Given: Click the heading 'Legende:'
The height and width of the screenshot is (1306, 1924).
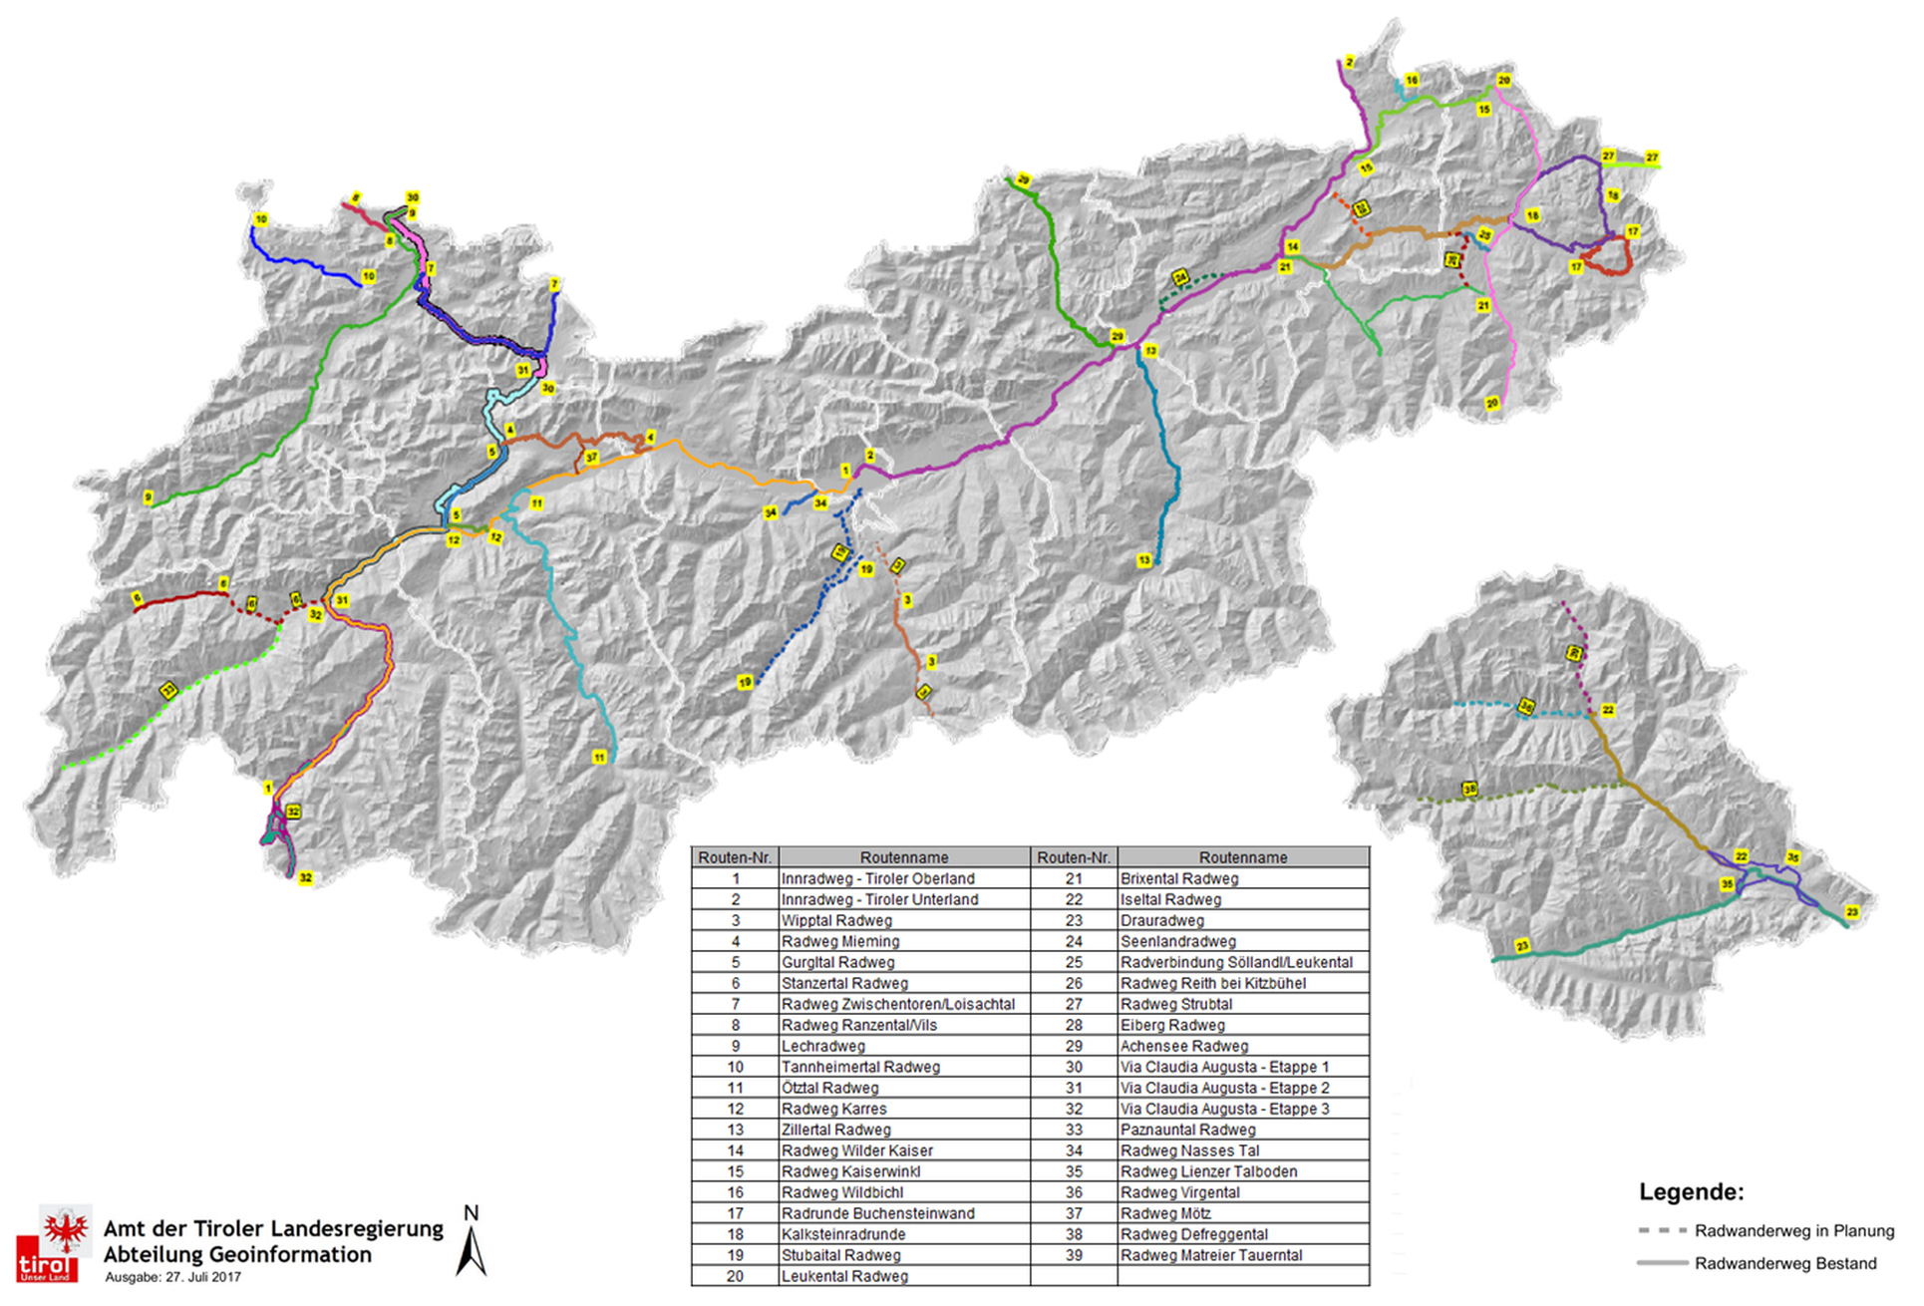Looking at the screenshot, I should pyautogui.click(x=1691, y=1191).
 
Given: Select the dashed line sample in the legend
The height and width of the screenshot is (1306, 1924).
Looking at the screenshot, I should pyautogui.click(x=1661, y=1230).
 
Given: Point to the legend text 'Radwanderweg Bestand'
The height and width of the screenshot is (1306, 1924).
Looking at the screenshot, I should pyautogui.click(x=1784, y=1263).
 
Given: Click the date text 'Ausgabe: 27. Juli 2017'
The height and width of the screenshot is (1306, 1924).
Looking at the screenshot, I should pyautogui.click(x=172, y=1277).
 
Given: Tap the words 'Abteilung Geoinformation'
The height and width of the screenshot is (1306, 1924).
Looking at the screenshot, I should pyautogui.click(x=237, y=1254).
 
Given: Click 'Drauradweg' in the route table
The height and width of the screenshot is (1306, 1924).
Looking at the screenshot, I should pyautogui.click(x=1161, y=920).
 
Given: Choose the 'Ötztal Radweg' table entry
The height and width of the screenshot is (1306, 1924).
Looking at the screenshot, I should pyautogui.click(x=829, y=1088).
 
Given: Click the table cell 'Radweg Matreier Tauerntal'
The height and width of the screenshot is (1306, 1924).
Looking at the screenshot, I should pyautogui.click(x=1210, y=1255).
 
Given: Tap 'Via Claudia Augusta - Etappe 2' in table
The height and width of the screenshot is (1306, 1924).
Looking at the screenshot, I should pyautogui.click(x=1224, y=1088).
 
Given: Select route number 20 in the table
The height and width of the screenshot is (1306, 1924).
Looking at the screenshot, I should pyautogui.click(x=735, y=1276).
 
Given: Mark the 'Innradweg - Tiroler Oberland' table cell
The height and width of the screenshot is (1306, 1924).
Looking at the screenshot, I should pyautogui.click(x=877, y=878).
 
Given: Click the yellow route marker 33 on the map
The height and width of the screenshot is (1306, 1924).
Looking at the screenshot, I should pyautogui.click(x=168, y=690).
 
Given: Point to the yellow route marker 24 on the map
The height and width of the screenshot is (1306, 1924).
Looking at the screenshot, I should pyautogui.click(x=1180, y=277).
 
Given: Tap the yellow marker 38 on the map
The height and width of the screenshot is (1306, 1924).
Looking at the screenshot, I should pyautogui.click(x=1469, y=790).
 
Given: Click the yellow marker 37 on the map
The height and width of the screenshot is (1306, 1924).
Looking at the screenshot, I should pyautogui.click(x=591, y=458).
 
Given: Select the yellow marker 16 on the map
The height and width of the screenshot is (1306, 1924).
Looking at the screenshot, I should pyautogui.click(x=1412, y=80).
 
